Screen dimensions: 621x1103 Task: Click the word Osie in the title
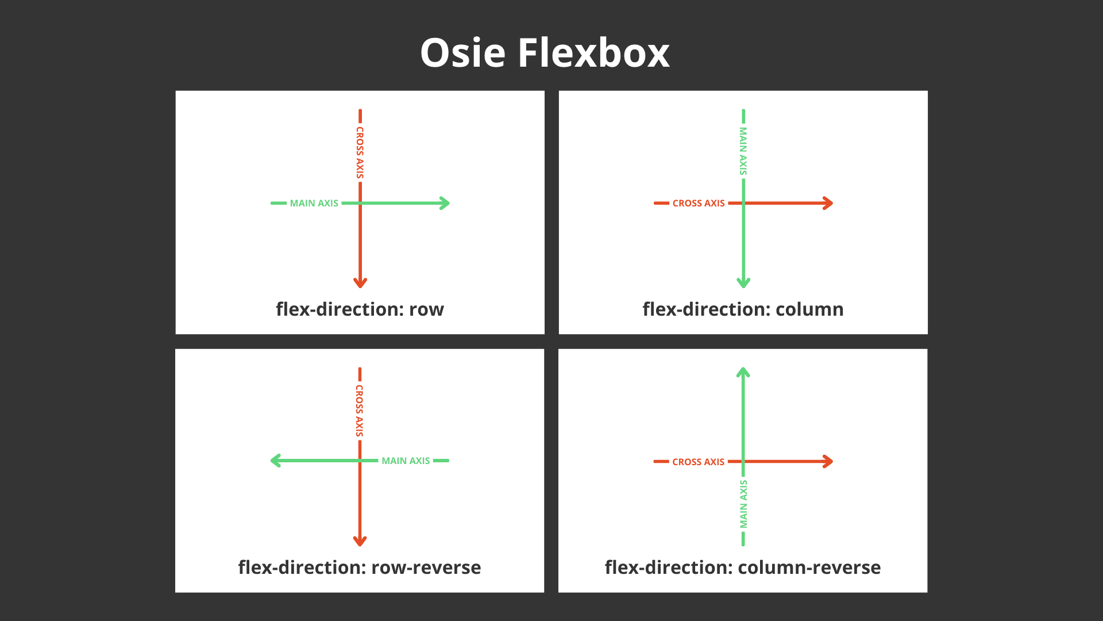click(x=462, y=53)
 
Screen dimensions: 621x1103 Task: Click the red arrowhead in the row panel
click(x=360, y=282)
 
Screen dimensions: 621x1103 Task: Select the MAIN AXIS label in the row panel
click(x=314, y=203)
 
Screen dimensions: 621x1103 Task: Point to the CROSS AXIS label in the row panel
click(x=360, y=152)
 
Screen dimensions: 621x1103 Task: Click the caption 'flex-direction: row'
click(x=360, y=309)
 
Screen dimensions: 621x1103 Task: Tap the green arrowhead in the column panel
click(x=743, y=282)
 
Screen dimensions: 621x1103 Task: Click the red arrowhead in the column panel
click(x=827, y=203)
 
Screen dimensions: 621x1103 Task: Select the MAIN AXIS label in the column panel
click(x=743, y=151)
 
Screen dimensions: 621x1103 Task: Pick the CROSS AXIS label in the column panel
click(x=699, y=203)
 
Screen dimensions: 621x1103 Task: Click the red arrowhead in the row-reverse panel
click(x=360, y=540)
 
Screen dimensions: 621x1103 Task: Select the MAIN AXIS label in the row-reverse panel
click(x=406, y=461)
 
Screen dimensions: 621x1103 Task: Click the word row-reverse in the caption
click(x=426, y=568)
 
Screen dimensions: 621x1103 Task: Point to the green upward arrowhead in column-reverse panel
click(x=743, y=373)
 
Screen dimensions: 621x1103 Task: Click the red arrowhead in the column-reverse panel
click(x=827, y=461)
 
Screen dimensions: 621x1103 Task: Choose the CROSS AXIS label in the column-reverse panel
click(x=698, y=462)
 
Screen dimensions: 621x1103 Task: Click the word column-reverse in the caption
click(x=809, y=568)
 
